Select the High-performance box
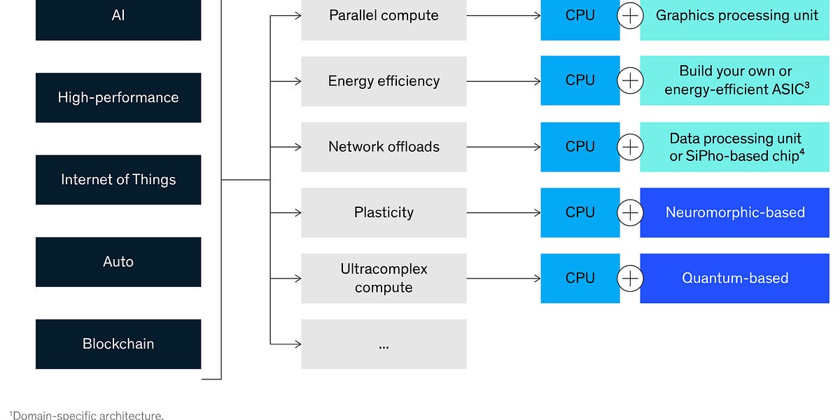pos(118,97)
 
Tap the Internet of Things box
pos(118,180)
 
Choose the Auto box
pos(118,262)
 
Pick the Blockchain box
pos(118,344)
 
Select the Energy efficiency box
pos(384,81)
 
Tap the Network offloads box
pos(384,147)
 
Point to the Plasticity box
pos(384,212)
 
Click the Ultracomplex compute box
pos(384,278)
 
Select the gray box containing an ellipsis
pos(384,344)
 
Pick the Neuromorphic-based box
pos(735,212)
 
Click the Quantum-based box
pos(735,278)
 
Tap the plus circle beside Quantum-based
pos(630,278)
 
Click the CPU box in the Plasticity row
pos(580,212)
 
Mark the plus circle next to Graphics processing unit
pos(630,16)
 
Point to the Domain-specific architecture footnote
pos(87,415)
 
